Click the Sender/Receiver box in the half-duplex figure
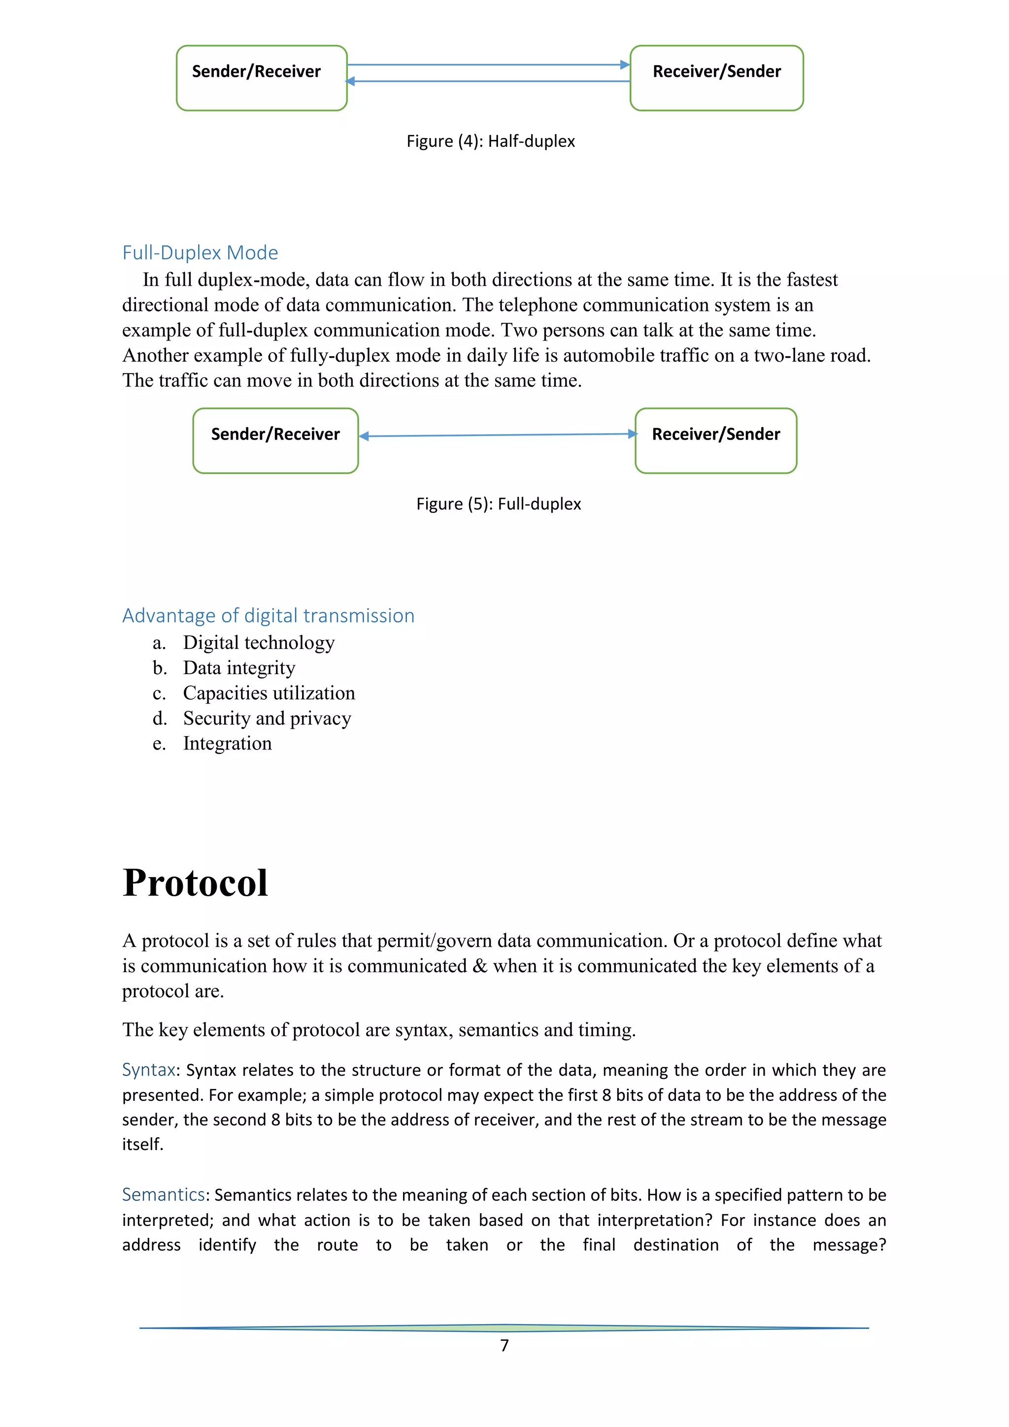262,78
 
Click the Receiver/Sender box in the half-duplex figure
716,78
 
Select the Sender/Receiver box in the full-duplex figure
275,441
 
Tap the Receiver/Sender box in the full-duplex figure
716,441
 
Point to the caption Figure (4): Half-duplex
490,141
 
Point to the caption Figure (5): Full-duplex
498,504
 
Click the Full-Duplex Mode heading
200,252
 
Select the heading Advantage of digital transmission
268,615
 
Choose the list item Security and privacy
267,718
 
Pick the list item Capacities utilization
269,693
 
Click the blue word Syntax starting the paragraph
148,1070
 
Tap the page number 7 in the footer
504,1346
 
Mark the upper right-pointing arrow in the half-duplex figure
488,65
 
